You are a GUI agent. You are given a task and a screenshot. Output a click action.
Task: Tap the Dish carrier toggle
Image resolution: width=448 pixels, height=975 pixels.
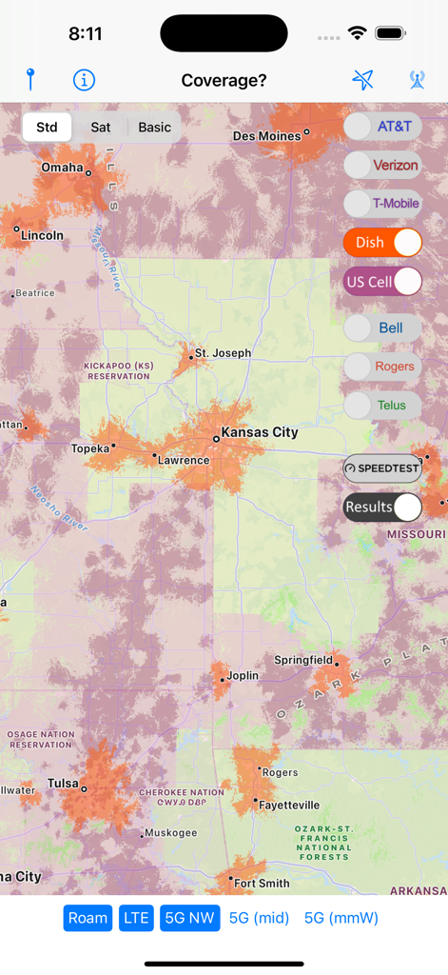coord(382,242)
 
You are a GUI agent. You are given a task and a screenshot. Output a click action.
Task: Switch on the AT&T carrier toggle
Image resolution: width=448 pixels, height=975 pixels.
coord(382,126)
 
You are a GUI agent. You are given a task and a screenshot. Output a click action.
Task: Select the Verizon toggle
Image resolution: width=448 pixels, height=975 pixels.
coord(382,165)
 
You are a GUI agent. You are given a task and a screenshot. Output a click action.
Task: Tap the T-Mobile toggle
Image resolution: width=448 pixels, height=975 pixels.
coord(382,203)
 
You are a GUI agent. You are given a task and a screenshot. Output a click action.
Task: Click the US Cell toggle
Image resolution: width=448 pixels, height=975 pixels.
coord(382,282)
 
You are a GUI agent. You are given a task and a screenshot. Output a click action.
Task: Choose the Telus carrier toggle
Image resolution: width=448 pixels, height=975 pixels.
coord(382,405)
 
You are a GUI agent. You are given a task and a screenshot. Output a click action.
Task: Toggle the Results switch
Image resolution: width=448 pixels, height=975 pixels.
coord(382,507)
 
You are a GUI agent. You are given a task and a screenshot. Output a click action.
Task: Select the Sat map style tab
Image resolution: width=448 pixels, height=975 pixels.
coord(100,127)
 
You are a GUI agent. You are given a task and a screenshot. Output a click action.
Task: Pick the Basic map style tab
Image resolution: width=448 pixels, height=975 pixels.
coord(154,127)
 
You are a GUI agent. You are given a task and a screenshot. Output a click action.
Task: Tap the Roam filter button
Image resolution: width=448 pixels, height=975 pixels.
coord(88,918)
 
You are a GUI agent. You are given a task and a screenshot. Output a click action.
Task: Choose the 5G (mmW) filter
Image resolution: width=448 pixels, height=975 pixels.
coord(341,918)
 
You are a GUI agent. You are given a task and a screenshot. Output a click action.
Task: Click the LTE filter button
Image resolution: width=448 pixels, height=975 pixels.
coord(136,918)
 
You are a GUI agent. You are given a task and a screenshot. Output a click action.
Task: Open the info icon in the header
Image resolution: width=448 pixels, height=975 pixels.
coord(84,80)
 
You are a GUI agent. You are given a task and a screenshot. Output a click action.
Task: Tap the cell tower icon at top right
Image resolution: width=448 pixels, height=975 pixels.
coord(418,80)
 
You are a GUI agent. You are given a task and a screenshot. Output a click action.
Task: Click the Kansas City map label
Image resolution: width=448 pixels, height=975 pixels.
coord(259,432)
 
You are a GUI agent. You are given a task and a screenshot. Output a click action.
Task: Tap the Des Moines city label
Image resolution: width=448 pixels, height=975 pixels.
coord(266,136)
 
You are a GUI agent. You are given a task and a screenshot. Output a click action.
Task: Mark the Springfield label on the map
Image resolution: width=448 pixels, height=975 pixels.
coord(303,660)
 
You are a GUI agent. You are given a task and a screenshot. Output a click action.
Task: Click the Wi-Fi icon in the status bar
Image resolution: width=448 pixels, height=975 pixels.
coord(358,33)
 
